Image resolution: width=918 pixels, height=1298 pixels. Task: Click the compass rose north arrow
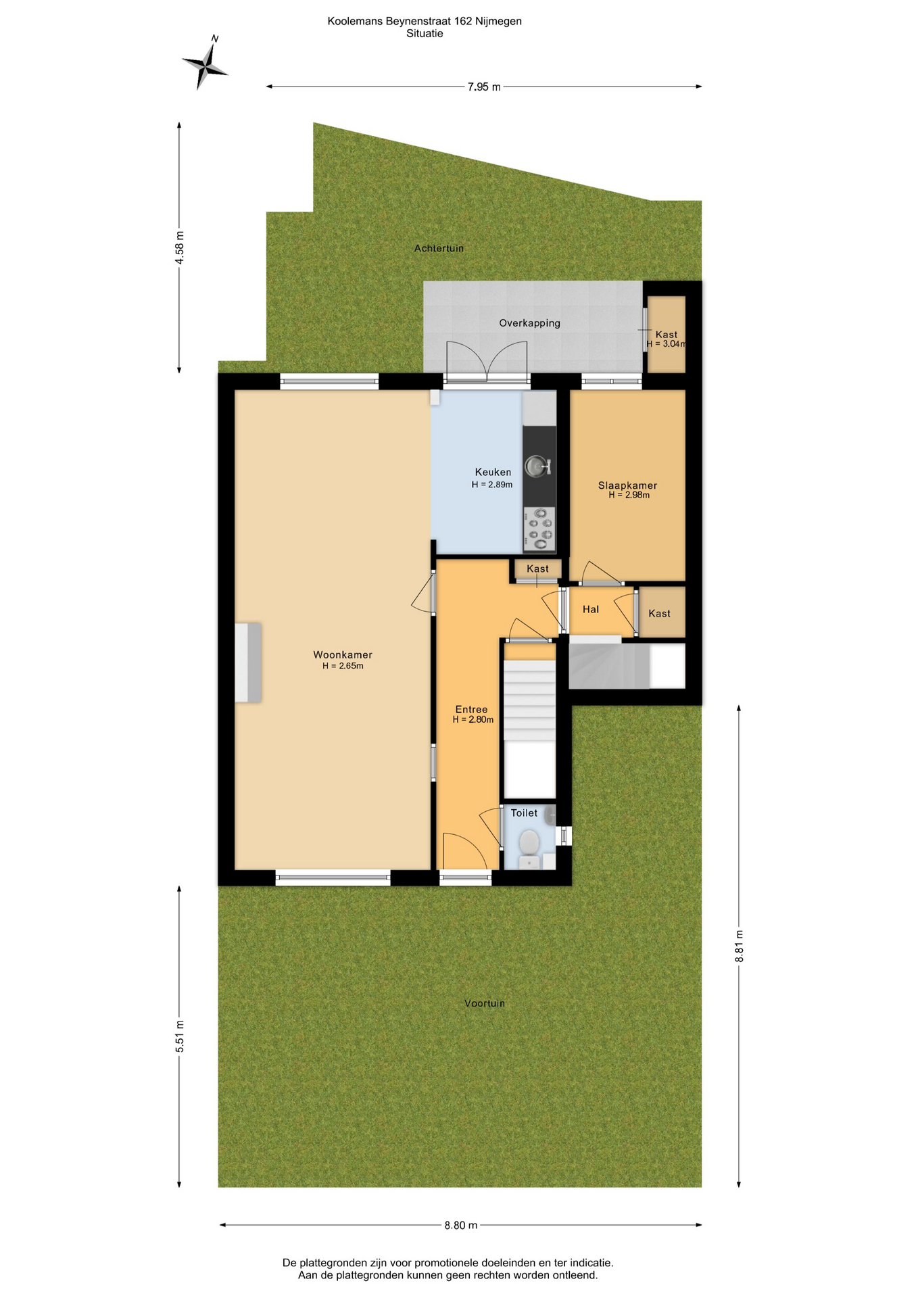(206, 64)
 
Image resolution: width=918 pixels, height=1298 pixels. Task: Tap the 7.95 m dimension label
(484, 87)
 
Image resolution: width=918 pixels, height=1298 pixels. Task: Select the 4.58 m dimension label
(179, 248)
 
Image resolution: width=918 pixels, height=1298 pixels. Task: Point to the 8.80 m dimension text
(461, 1225)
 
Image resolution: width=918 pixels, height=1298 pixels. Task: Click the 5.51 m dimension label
(179, 1036)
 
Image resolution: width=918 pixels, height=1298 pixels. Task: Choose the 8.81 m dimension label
(739, 946)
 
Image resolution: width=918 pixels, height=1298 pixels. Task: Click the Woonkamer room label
(343, 654)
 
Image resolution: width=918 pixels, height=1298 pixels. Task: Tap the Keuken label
(493, 472)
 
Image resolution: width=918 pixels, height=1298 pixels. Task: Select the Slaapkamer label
(627, 485)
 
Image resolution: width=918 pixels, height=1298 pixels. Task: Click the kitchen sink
(538, 466)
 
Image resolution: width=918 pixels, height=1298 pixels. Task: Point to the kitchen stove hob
(539, 528)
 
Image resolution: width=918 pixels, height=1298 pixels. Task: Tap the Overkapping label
(529, 323)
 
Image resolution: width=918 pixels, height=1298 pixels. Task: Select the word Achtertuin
(439, 248)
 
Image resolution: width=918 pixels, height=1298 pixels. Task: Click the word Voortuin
(485, 1003)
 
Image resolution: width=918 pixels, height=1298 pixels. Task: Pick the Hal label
(591, 609)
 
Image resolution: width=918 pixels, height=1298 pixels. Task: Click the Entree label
(471, 709)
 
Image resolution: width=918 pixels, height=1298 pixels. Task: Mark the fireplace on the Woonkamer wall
(248, 663)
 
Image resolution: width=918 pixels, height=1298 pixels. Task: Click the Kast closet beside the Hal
(662, 612)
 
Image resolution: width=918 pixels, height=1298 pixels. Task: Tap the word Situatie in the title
(425, 34)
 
